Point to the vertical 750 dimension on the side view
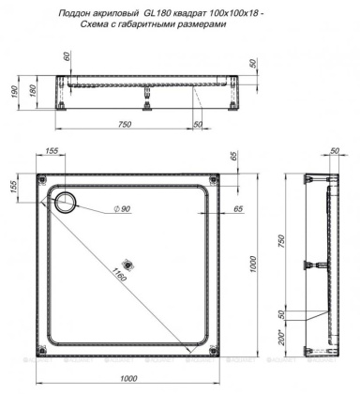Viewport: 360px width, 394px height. [279, 238]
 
